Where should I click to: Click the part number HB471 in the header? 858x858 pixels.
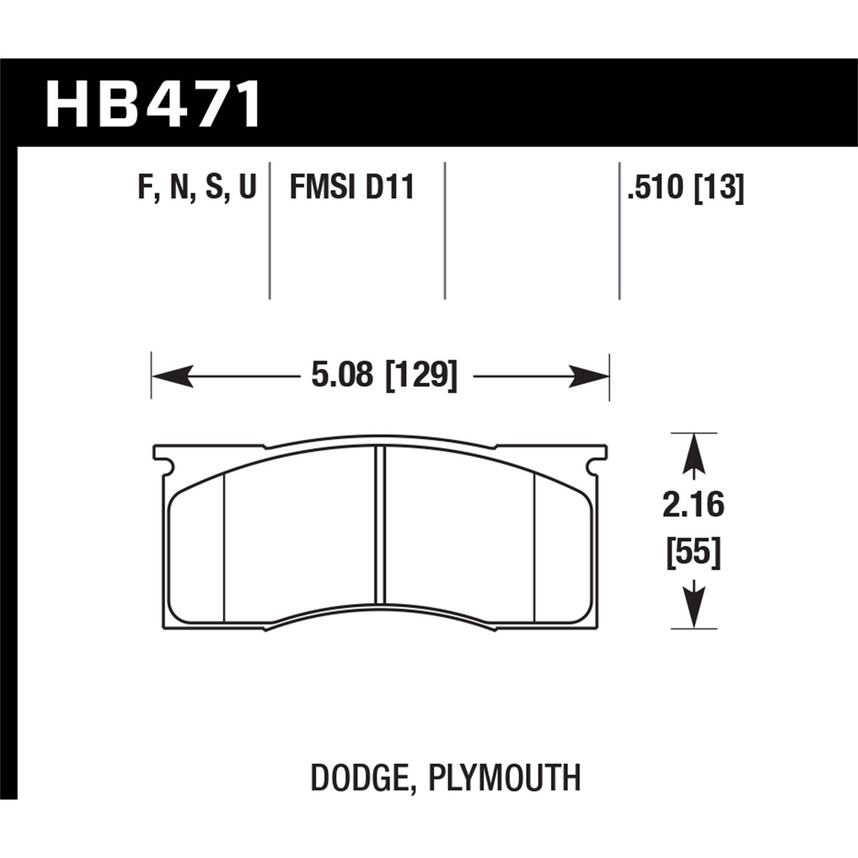point(153,105)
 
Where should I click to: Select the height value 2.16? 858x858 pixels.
point(693,506)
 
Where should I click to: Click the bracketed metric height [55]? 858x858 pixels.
point(693,554)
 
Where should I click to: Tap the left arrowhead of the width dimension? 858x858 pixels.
point(172,376)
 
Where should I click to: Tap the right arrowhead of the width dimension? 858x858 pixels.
point(589,376)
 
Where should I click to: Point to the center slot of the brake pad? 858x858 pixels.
point(380,523)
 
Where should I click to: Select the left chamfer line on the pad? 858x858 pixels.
point(224,546)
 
